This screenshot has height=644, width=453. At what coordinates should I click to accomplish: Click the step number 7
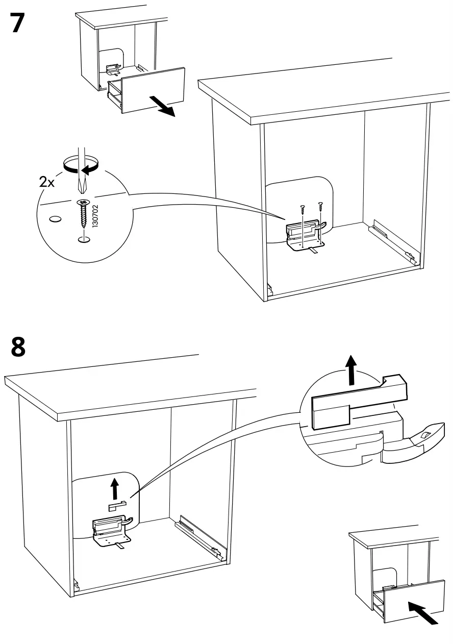[x=17, y=24]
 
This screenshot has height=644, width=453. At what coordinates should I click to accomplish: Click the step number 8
[x=18, y=347]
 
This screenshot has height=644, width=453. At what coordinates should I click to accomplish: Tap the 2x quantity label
[x=47, y=182]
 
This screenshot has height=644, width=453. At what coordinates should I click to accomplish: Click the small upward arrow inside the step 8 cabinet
[x=115, y=490]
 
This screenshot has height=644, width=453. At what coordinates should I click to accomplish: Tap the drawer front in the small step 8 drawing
[x=408, y=600]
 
